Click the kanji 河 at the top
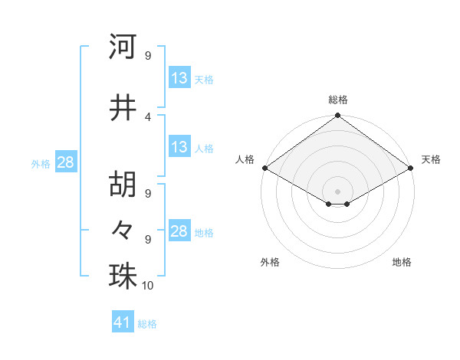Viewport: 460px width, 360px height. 123,47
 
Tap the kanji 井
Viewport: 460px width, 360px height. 123,108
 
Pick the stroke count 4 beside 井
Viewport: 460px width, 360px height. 148,116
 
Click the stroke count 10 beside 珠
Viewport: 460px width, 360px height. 148,286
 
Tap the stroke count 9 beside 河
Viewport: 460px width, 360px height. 148,56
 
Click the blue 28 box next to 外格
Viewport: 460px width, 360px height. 65,162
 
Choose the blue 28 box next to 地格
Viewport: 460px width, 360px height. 179,232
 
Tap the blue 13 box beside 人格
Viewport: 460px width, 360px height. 179,147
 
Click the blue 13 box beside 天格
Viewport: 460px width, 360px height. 179,78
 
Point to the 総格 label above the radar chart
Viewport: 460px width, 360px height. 338,100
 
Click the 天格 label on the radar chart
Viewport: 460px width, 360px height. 431,159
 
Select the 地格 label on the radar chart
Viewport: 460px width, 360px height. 402,262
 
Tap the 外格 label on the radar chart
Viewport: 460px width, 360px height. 270,262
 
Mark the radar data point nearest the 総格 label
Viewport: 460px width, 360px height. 337,116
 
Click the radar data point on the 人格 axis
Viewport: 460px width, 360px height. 264,167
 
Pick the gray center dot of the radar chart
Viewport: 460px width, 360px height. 337,190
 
